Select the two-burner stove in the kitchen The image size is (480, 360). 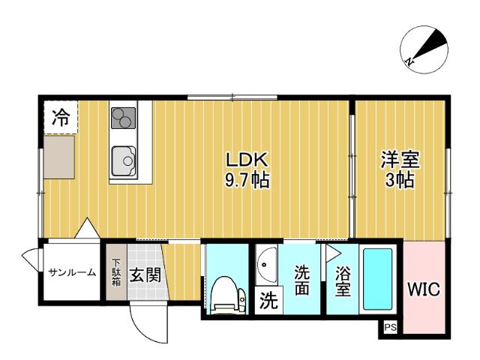coord(123,118)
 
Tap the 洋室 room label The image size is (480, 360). coord(399,160)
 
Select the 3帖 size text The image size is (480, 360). coord(399,181)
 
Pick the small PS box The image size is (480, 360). coord(389,328)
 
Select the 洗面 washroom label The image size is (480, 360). coord(301,278)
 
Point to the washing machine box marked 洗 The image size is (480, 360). coord(267,302)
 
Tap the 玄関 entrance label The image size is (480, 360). coord(145,274)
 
